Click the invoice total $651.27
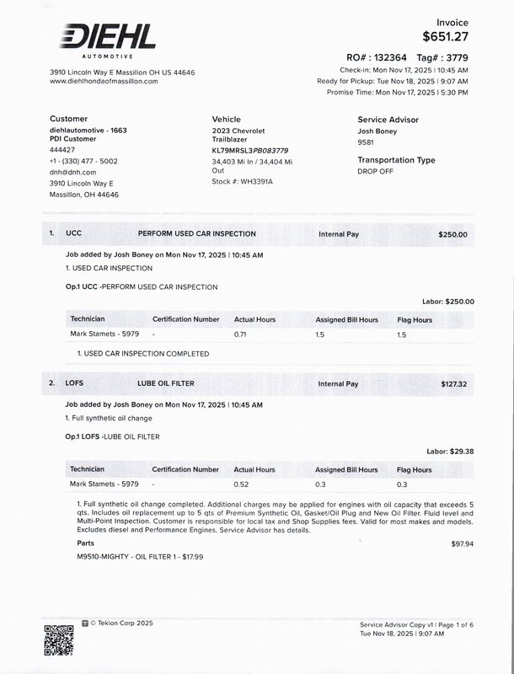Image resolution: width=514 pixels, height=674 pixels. [445, 36]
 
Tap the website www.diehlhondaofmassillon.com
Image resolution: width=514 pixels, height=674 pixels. [104, 81]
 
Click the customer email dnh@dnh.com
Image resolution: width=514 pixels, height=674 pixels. [72, 172]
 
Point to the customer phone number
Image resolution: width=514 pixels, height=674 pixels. [83, 161]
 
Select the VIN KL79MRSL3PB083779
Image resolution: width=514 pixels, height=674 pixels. [249, 150]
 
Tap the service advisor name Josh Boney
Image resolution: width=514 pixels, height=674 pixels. [377, 132]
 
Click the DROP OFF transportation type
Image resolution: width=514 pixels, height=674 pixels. [376, 171]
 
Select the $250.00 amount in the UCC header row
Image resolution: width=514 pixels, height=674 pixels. [452, 235]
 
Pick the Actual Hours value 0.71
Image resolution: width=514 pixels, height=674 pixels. [241, 334]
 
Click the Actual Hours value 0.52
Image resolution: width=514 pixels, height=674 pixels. [241, 484]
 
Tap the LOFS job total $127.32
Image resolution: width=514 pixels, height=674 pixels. [453, 384]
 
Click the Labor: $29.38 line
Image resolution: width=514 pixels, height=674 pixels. [451, 452]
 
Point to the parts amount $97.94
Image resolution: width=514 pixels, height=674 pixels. [463, 544]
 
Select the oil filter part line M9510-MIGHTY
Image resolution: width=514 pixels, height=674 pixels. [140, 557]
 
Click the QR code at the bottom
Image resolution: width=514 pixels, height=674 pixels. [59, 639]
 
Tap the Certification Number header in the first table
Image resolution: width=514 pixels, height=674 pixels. [185, 320]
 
